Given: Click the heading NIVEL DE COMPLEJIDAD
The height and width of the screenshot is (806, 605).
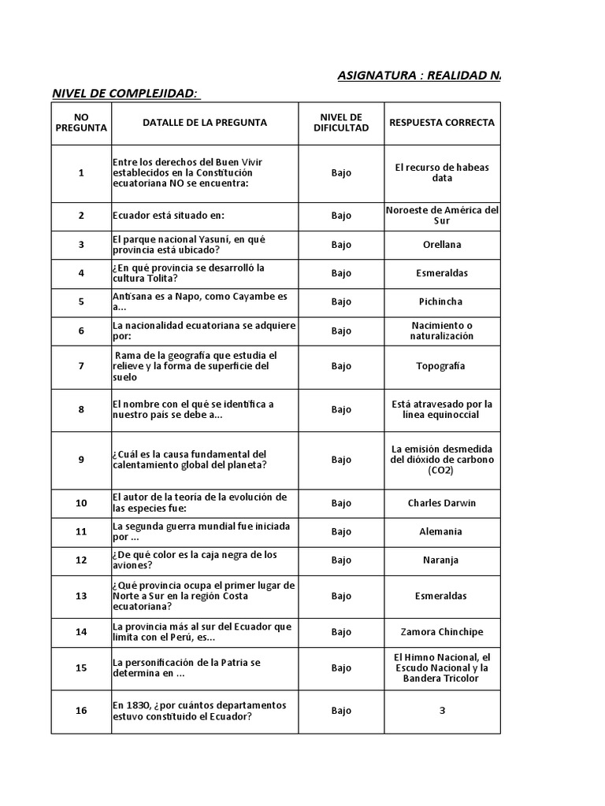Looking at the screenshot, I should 125,94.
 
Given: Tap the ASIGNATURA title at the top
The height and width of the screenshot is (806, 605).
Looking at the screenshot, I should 418,76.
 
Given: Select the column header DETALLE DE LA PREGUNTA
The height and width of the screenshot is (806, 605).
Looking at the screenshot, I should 205,123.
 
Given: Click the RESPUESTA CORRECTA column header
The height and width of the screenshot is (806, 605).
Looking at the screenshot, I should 442,123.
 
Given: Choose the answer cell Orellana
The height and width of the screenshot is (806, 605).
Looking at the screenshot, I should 442,245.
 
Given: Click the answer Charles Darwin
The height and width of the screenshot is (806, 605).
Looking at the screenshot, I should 442,503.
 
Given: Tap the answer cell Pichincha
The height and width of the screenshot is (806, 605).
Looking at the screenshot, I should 442,301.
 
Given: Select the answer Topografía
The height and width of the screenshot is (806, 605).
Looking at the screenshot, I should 442,366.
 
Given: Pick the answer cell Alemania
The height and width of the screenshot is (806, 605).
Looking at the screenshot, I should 442,531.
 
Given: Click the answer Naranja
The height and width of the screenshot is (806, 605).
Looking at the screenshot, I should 442,560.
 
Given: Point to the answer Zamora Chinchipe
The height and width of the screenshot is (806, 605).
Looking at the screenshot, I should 442,632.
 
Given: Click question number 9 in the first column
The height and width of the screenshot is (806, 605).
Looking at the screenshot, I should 81,460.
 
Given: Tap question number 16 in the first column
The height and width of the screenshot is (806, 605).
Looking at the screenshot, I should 81,711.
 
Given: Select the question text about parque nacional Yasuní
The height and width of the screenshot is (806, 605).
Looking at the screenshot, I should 194,244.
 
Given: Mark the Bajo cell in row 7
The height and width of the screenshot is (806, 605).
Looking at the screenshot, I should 341,366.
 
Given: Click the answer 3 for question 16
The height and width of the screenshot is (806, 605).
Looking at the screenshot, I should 443,711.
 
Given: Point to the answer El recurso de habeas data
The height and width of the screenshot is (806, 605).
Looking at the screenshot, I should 442,172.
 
